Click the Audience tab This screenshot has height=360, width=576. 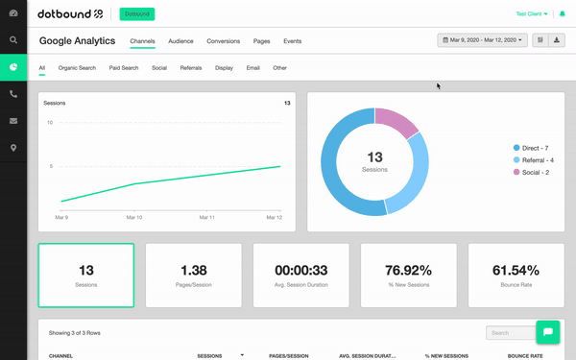180,41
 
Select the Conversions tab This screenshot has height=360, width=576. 224,41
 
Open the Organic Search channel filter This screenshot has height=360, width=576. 77,68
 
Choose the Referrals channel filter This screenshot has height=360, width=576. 191,68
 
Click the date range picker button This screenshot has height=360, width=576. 482,40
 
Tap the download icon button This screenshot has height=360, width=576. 557,40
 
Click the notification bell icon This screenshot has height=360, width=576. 562,14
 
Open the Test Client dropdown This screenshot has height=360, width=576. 532,14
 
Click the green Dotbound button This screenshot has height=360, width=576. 137,14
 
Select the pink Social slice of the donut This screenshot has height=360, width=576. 396,121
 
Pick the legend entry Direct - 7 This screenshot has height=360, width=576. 531,148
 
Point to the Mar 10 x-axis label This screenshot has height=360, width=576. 134,218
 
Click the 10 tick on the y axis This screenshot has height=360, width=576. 50,122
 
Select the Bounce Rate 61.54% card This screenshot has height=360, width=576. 516,276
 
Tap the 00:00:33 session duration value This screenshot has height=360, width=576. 301,271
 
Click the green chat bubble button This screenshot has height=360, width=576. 548,332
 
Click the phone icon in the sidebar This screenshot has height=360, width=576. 13,94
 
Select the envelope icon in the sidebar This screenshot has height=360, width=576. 13,121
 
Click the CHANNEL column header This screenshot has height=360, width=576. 60,356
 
